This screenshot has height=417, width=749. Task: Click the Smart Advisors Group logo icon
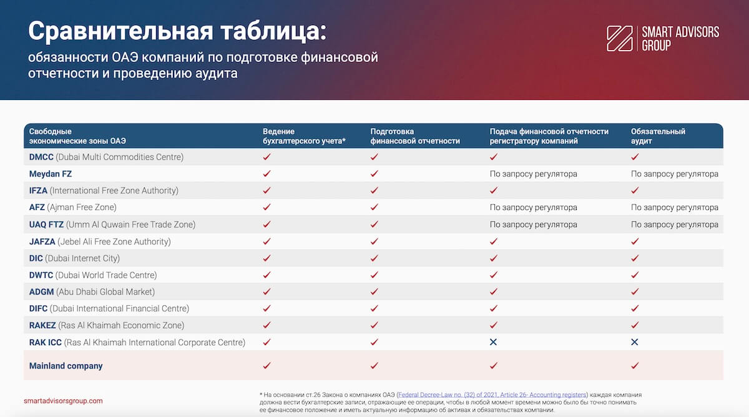point(620,38)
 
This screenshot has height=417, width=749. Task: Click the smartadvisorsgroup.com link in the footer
point(63,401)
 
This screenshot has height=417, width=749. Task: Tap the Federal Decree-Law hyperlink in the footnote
point(492,395)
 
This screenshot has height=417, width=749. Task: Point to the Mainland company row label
point(66,366)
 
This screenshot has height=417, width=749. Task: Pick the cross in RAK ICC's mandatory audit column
point(635,342)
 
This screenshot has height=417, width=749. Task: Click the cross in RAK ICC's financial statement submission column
point(494,342)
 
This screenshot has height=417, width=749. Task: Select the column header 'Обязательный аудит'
point(658,136)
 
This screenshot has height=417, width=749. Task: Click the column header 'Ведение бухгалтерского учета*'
point(304,136)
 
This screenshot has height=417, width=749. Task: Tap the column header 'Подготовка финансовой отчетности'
point(415,136)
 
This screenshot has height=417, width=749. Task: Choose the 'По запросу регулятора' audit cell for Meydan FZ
point(675,174)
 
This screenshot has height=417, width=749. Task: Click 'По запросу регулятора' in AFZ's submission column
point(534,207)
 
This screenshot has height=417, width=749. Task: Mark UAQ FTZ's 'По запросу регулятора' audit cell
point(675,224)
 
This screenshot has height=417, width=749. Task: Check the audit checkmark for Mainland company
point(635,366)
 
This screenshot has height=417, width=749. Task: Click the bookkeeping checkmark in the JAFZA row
point(267,241)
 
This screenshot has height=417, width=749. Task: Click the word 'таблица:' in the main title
point(271,31)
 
